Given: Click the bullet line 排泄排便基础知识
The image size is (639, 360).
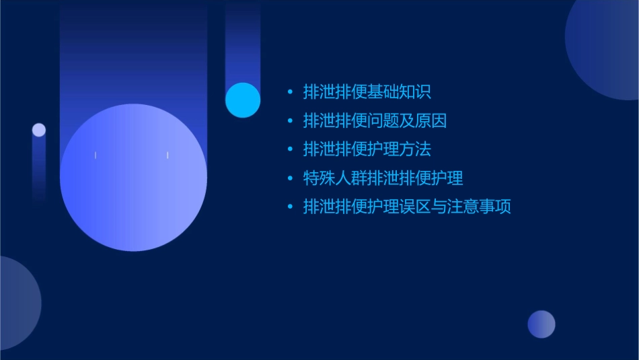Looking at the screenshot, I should pos(367,92).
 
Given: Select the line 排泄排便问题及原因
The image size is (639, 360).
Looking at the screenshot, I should pos(375,120).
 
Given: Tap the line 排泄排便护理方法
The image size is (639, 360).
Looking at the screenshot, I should pos(367,149).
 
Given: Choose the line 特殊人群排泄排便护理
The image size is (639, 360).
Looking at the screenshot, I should pos(383,178).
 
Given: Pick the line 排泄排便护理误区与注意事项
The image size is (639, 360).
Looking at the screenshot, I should pos(407,207).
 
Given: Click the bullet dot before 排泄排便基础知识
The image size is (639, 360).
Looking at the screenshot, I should pos(290,92).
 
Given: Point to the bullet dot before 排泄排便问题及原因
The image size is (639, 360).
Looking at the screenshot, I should pos(290,121).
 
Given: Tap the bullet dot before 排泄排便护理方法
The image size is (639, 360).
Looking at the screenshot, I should pos(290,149).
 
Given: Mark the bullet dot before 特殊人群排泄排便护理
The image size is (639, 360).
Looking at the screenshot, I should pos(290,179).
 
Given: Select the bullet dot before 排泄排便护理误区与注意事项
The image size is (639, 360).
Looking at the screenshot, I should pos(290,207).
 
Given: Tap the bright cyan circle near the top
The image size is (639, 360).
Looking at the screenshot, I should pos(243,100).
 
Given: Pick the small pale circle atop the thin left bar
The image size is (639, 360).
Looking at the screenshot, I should pos(39,130).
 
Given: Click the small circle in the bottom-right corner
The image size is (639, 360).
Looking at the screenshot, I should pos(541,324).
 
